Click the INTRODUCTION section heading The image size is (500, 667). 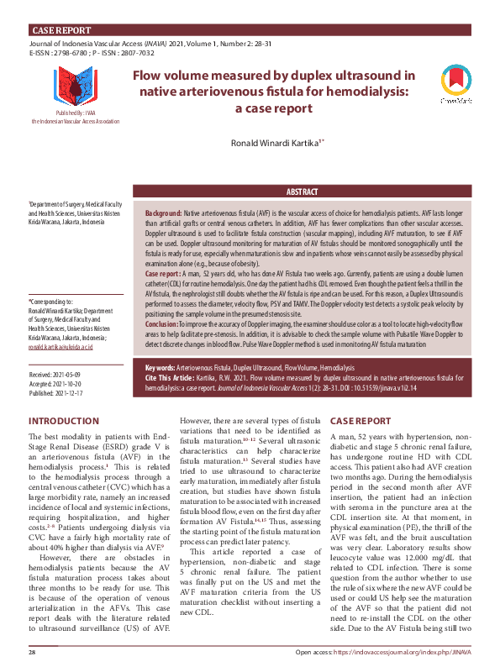point(63,420)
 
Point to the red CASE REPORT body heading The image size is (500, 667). point(360,420)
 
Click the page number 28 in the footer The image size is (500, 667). point(33,652)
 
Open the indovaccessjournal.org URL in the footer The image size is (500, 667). point(402,652)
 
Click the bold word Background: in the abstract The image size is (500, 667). point(163,215)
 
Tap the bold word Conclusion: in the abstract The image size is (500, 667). point(161,301)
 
